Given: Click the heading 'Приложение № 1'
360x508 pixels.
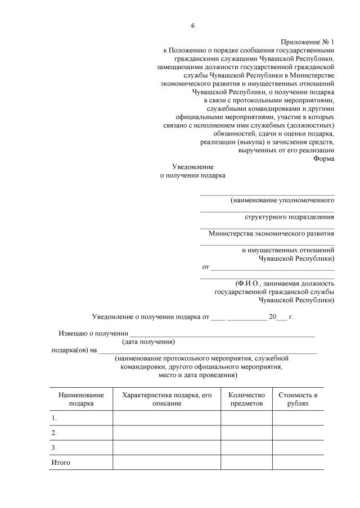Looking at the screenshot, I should coord(307,42).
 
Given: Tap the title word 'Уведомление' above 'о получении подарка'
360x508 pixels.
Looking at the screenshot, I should coord(193,167).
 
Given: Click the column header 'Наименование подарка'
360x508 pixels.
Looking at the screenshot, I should coord(81,399).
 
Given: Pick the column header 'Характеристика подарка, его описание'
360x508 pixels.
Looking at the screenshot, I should coord(166,399).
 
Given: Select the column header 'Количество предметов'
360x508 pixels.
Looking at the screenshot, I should coord(246,399).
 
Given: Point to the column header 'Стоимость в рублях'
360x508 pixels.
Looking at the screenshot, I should coord(298,399).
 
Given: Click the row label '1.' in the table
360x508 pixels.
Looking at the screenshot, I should coord(55,419).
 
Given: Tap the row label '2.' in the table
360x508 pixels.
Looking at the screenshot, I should coord(55,433).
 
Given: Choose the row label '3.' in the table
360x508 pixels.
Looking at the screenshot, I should coord(55,448).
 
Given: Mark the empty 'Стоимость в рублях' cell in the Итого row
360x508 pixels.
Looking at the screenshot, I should coord(298,463).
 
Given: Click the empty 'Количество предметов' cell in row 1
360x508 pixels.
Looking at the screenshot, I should coord(246,419).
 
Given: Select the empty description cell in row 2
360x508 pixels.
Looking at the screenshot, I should coord(166,433).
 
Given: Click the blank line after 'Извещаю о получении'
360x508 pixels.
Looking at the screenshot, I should coord(222,334).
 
